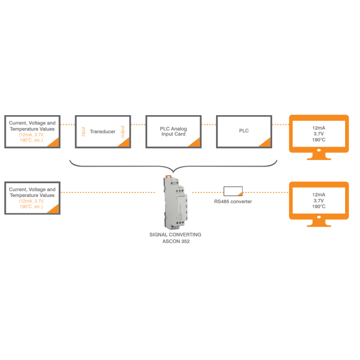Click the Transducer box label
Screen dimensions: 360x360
(102, 132)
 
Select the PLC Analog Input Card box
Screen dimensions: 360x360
(173, 132)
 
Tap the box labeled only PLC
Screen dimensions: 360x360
(243, 132)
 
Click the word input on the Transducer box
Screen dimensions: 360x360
(82, 131)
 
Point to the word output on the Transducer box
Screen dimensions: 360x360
(122, 132)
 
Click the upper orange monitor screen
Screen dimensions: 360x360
(318, 133)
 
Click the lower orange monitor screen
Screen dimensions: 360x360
(318, 201)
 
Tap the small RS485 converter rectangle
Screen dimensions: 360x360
(233, 191)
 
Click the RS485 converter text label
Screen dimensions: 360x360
(233, 202)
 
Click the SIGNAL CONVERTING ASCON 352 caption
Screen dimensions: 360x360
(175, 238)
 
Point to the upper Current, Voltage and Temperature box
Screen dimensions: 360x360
(32, 132)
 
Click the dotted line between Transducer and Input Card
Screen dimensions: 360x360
(137, 124)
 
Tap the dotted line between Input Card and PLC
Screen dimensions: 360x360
(208, 124)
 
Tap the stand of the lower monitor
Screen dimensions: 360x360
(318, 222)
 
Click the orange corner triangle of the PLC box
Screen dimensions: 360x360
(265, 142)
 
